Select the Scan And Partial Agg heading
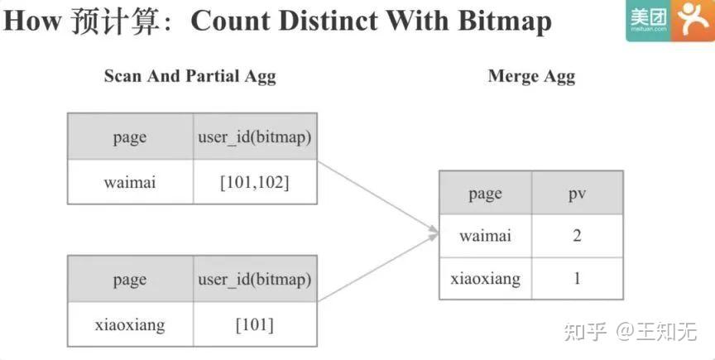(190, 76)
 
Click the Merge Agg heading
(531, 76)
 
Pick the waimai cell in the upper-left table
(130, 182)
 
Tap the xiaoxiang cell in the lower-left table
(130, 324)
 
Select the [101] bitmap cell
(255, 324)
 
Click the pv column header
(577, 193)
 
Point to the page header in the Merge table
(485, 193)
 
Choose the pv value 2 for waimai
(577, 236)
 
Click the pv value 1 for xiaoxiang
(577, 278)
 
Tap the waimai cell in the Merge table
(485, 236)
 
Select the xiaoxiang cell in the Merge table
(485, 278)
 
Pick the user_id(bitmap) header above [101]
(255, 279)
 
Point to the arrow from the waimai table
(377, 197)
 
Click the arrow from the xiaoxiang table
(377, 268)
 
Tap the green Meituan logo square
(648, 21)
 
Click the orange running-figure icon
(693, 21)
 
